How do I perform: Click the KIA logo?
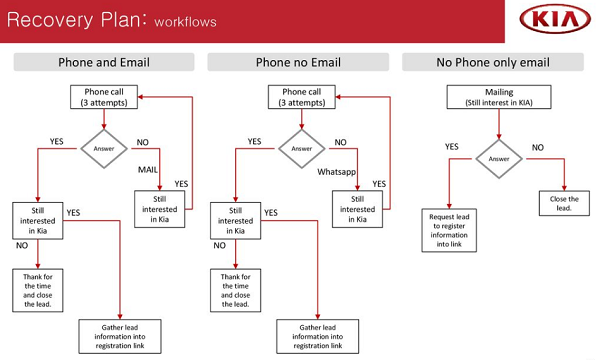tap(555, 19)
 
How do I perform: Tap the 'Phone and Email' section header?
tap(104, 62)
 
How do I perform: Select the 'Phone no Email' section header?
tap(298, 62)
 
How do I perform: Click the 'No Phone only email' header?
tap(493, 62)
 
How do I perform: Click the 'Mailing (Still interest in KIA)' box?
tap(499, 97)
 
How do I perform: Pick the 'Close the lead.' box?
tap(564, 203)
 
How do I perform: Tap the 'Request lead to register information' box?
tap(449, 230)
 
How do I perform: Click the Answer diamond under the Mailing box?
tap(499, 159)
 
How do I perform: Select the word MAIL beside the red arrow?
tap(148, 169)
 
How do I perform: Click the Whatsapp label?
tap(336, 172)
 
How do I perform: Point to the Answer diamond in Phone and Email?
tap(104, 149)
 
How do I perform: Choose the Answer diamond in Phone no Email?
tap(302, 149)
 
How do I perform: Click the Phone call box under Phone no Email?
tap(302, 97)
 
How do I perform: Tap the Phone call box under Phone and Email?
tap(104, 97)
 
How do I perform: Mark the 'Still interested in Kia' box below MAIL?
tap(160, 209)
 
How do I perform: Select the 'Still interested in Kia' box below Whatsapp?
tap(357, 209)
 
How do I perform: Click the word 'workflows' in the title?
tap(186, 22)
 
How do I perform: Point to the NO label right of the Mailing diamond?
tap(538, 148)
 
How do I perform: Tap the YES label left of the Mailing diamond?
tap(452, 147)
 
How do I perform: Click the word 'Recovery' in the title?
tap(50, 20)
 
